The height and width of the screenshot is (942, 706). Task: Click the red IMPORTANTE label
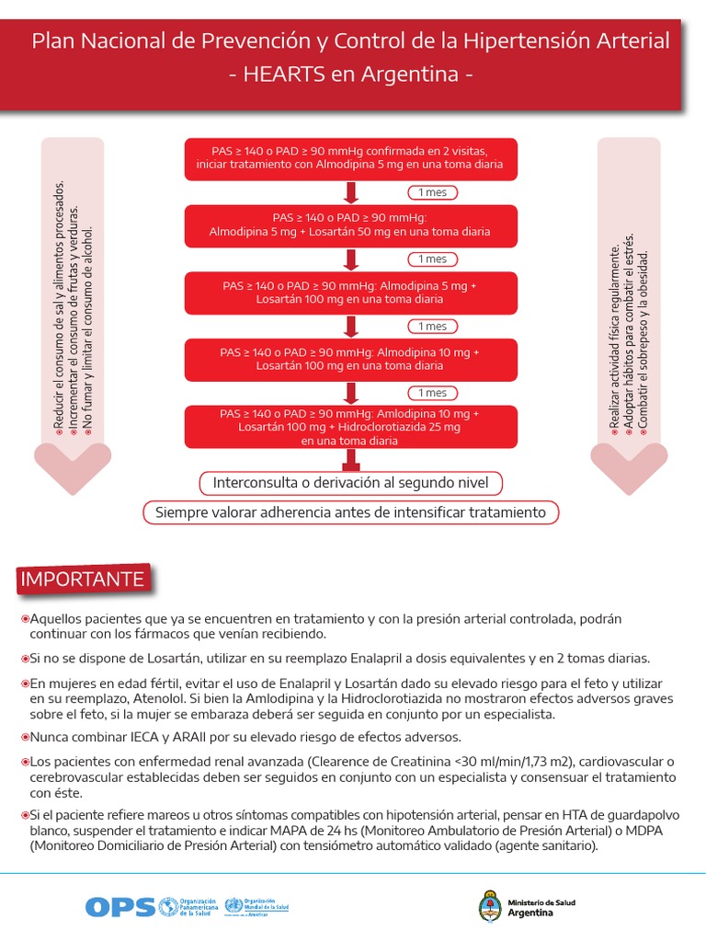pos(83,580)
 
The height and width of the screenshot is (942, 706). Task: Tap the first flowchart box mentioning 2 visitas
pos(349,158)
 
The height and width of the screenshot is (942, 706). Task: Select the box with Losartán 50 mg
pos(349,224)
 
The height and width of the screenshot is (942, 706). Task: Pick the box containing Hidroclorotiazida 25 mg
pos(349,428)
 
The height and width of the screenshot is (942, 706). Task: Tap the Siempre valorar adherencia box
pos(350,512)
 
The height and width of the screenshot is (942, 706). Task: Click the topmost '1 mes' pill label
pos(432,192)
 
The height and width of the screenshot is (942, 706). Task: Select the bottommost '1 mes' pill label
pos(432,393)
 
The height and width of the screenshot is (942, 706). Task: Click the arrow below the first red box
pos(350,192)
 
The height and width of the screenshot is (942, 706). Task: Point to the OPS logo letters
pos(119,907)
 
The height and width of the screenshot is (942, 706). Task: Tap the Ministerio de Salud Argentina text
pos(541,907)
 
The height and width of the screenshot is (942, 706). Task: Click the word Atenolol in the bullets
pos(140,698)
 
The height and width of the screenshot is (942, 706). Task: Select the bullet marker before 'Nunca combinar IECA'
pos(25,738)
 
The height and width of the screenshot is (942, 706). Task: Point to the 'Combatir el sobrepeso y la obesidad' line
pos(643,340)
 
